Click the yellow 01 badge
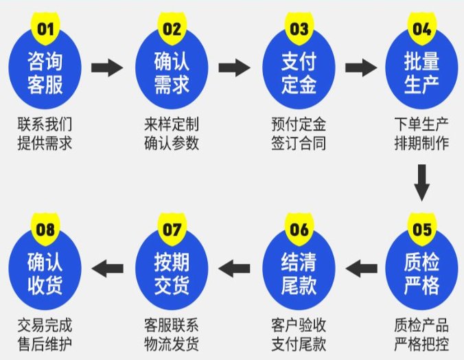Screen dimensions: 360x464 click(x=45, y=29)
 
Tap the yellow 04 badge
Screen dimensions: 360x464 click(x=421, y=29)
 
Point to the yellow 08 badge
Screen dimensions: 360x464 click(x=45, y=229)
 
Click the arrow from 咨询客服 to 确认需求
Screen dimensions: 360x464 click(x=107, y=67)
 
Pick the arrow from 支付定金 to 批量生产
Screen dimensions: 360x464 click(x=362, y=67)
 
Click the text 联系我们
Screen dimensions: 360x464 click(x=45, y=124)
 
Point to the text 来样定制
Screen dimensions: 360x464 click(x=172, y=124)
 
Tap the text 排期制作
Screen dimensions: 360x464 click(x=421, y=144)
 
